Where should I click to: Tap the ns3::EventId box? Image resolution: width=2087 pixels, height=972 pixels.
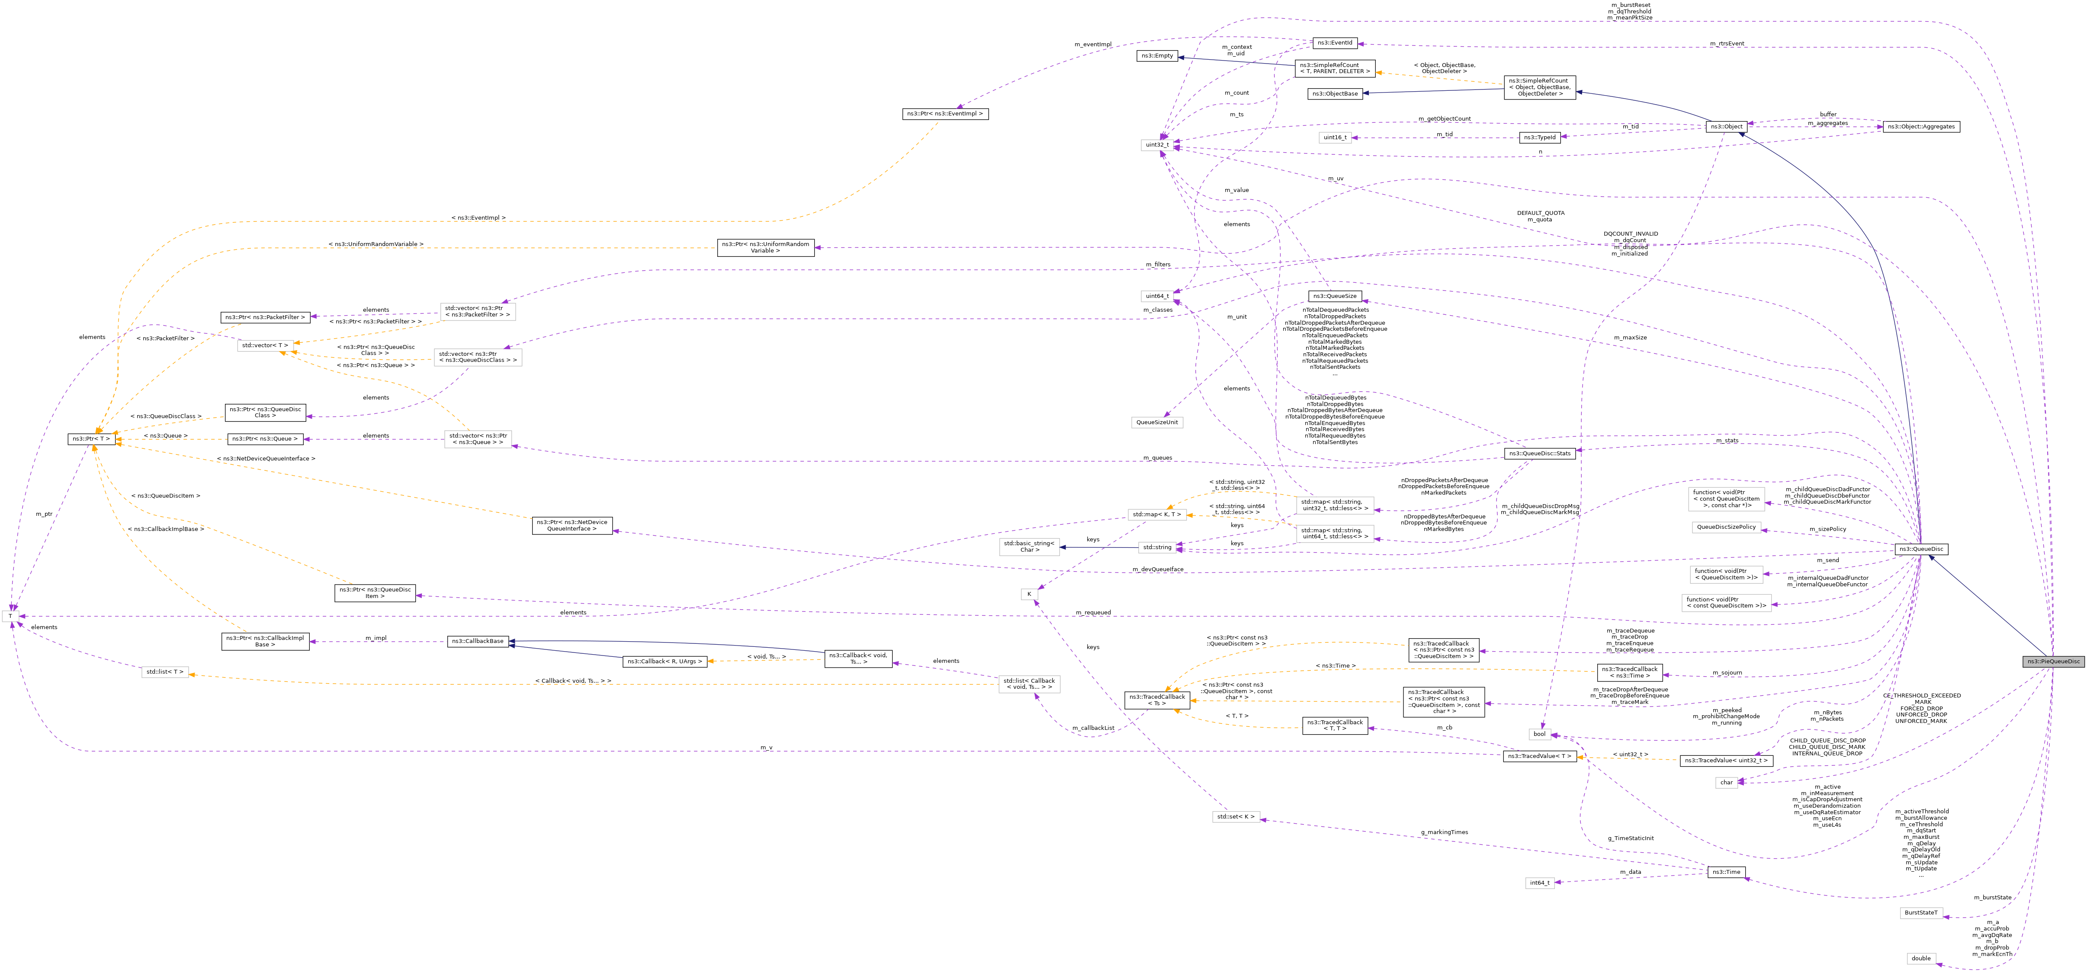1334,43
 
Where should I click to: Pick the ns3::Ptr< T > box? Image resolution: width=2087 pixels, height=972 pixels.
91,439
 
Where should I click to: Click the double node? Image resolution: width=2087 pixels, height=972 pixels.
1921,958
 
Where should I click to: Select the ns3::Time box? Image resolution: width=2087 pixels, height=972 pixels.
1726,873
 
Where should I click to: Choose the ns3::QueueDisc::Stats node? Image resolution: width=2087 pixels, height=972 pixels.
1539,454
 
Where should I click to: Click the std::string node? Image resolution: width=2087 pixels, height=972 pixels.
1157,547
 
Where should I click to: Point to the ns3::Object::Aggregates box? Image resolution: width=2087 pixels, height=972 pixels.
1921,126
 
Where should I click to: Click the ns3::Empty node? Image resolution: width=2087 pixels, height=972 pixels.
1157,56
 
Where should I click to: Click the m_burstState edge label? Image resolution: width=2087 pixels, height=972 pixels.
1992,898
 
